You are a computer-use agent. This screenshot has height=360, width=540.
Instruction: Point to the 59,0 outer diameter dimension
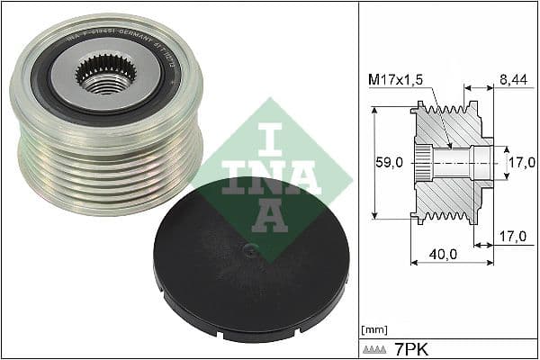pos(389,163)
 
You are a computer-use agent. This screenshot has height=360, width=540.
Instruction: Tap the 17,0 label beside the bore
pos(521,163)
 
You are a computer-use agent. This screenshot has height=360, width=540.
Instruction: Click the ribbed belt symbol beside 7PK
pos(376,348)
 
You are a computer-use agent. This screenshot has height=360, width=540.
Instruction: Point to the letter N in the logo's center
pos(270,175)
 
